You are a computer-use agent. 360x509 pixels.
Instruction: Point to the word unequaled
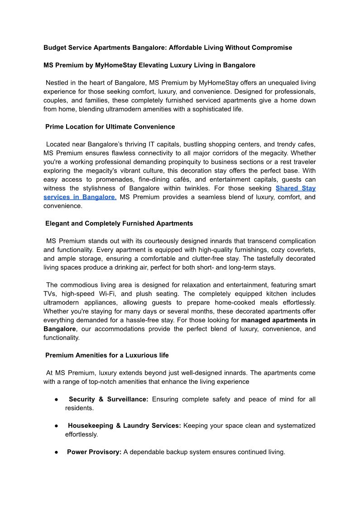point(268,83)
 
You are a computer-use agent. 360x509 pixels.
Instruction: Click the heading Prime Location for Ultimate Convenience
point(110,127)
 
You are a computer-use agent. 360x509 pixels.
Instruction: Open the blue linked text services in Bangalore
point(80,197)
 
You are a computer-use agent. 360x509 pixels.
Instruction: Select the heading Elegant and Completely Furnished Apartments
point(119,223)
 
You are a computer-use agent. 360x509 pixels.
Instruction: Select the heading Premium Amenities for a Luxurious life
point(107,355)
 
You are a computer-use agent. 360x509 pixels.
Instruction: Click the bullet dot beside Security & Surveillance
point(55,399)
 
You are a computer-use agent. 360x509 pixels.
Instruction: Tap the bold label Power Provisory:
point(94,452)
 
